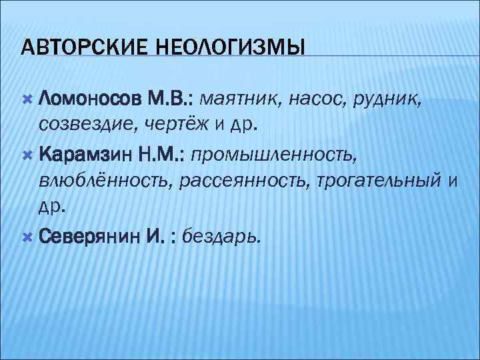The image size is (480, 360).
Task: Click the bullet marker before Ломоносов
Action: click(27, 100)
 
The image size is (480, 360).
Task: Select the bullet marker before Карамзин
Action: click(27, 155)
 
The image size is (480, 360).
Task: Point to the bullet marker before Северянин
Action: click(27, 235)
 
